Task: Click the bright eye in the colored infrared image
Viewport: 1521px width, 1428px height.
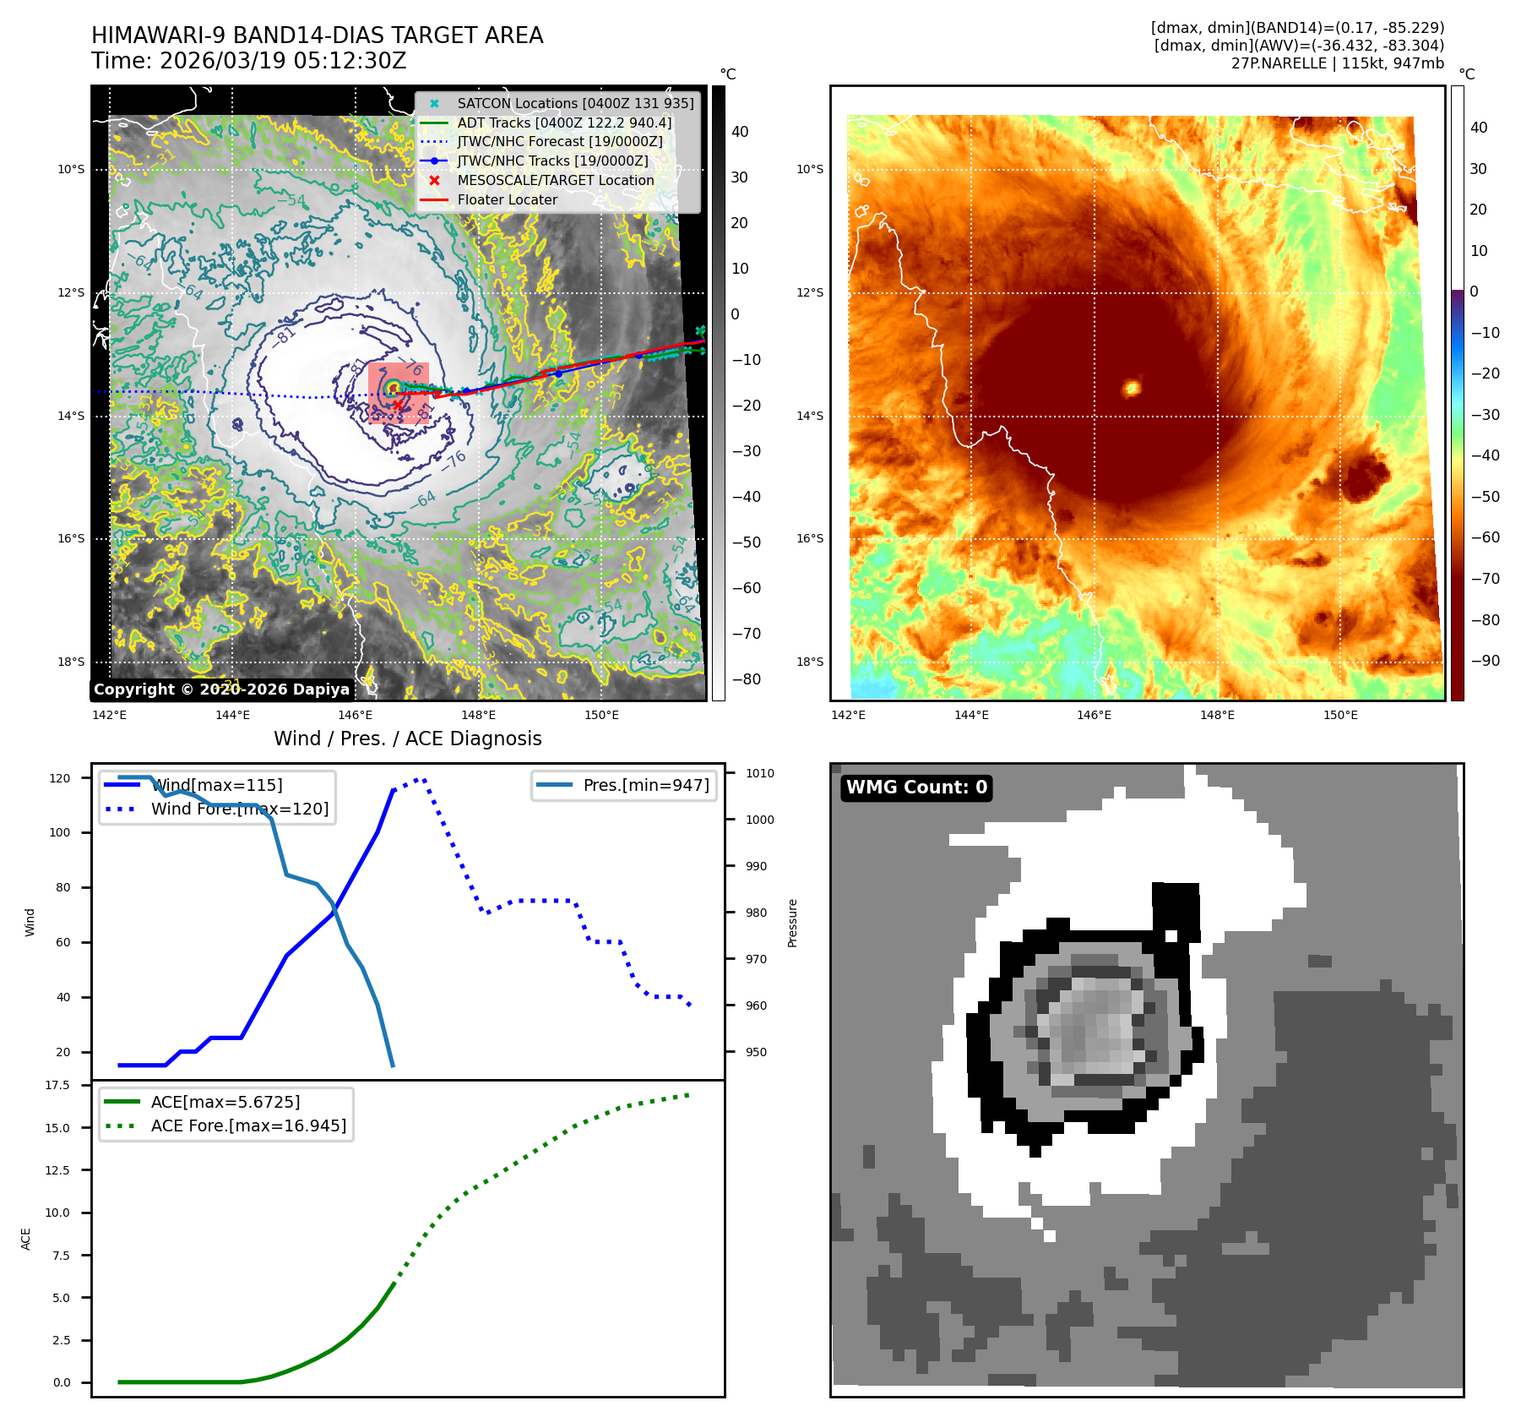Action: (x=1132, y=388)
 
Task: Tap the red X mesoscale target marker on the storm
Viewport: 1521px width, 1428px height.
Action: (x=398, y=405)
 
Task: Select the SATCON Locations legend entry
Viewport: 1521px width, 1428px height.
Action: (x=574, y=104)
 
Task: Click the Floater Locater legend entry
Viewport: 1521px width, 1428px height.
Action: (x=507, y=200)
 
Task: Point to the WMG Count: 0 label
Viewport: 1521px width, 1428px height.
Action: (x=916, y=788)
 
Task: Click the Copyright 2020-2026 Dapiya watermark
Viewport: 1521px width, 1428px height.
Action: (x=221, y=689)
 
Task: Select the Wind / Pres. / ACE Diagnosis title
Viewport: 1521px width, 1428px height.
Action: (x=407, y=739)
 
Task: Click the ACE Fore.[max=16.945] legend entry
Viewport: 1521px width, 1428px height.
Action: (x=248, y=1126)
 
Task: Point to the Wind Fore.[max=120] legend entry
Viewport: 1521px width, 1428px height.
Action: (x=240, y=809)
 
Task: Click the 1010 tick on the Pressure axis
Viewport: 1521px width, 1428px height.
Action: (x=759, y=773)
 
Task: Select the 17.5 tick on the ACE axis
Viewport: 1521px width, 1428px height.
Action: (x=57, y=1085)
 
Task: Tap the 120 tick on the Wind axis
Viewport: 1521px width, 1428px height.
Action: (x=60, y=778)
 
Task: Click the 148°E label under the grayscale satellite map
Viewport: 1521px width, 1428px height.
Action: (x=478, y=715)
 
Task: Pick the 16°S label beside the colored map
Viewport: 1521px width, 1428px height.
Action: (x=809, y=538)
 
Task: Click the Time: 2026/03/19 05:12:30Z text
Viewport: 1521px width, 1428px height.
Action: (x=249, y=61)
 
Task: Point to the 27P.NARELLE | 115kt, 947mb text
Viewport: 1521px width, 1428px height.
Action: (x=1337, y=63)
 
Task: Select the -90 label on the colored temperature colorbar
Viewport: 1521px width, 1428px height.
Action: (x=1485, y=661)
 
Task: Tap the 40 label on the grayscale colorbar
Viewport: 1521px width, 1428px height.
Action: (x=740, y=132)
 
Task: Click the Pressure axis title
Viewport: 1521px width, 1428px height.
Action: (x=792, y=923)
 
